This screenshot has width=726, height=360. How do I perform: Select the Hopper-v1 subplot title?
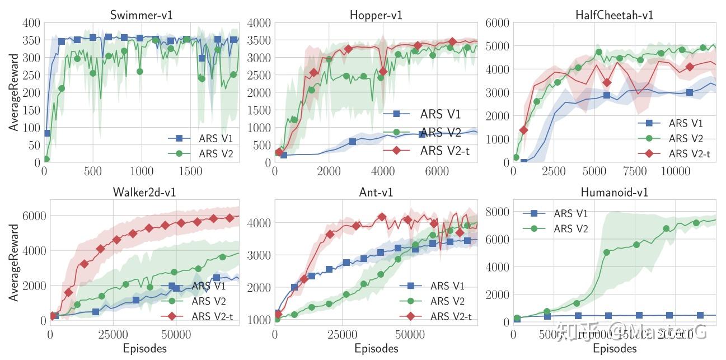(376, 15)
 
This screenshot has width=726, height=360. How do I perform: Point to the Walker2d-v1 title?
(144, 192)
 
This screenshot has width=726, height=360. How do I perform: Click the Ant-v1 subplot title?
(376, 192)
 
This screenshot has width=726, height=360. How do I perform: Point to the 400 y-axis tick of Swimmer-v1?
(31, 23)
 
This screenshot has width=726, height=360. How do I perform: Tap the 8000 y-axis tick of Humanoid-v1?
(497, 212)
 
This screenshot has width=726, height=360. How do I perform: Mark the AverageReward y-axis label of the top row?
(13, 92)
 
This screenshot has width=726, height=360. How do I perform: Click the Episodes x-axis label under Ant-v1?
(376, 349)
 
